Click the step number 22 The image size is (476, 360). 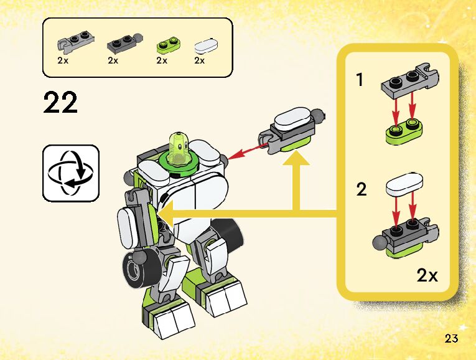coord(61,103)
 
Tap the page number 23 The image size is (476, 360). coord(452,339)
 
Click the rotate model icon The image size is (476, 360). coord(71,173)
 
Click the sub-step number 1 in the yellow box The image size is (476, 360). coord(360,80)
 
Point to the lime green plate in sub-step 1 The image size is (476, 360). coord(403,133)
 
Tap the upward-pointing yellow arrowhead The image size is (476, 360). coord(298,161)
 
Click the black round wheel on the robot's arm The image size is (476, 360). coord(136,270)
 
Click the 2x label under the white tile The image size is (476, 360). coord(200,61)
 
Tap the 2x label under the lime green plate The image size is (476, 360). coord(162,61)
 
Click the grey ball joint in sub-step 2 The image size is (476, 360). coord(378,240)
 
